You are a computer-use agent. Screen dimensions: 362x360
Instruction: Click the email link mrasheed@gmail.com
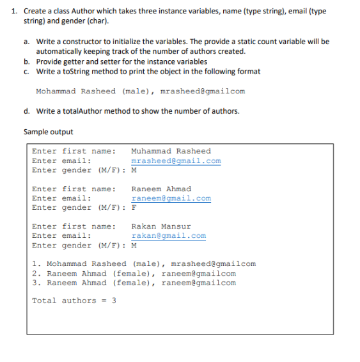coord(176,161)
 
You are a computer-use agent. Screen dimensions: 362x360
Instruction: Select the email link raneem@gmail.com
coord(171,198)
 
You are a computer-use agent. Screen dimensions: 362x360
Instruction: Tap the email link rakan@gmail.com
coord(168,235)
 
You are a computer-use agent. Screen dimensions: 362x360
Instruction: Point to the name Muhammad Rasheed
coord(170,151)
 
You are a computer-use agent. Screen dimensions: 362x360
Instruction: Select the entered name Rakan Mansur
coord(160,226)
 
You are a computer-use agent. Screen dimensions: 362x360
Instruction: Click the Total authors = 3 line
coord(74,301)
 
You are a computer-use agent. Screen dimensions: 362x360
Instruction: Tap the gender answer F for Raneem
coord(134,208)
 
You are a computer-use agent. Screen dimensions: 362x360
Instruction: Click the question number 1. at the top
coord(15,11)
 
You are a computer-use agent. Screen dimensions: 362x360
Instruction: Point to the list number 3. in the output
coord(36,283)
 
